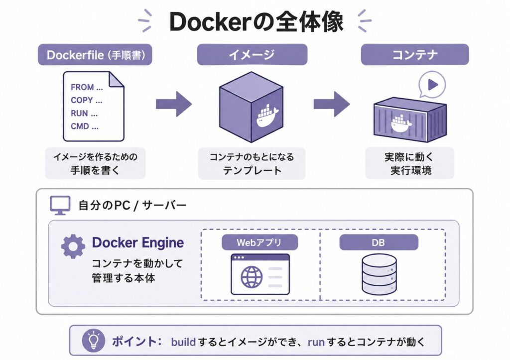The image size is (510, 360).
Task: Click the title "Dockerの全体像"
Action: pos(256,21)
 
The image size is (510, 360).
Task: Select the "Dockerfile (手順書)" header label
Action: pos(95,55)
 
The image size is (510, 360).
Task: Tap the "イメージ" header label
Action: pos(252,55)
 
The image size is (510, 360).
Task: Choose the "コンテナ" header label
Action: pos(415,55)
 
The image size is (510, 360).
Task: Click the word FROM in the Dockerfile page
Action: pos(82,87)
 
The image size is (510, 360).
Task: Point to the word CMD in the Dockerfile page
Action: pos(80,126)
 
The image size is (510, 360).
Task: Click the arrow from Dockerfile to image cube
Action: pos(174,104)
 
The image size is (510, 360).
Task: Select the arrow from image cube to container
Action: pos(332,104)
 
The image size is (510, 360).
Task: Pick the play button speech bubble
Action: pos(432,85)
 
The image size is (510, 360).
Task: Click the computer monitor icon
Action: pos(60,205)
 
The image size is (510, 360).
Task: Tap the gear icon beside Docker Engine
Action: pos(73,246)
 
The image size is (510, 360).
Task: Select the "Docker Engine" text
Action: pos(138,242)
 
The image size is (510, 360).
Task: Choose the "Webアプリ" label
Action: pos(259,242)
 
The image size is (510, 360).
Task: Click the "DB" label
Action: pos(379,242)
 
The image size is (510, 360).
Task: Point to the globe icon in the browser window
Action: pos(252,277)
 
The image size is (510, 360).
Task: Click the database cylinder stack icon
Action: pos(379,274)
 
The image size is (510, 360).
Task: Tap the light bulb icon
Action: pos(94,340)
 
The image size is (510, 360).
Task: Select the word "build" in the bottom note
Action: pos(183,342)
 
